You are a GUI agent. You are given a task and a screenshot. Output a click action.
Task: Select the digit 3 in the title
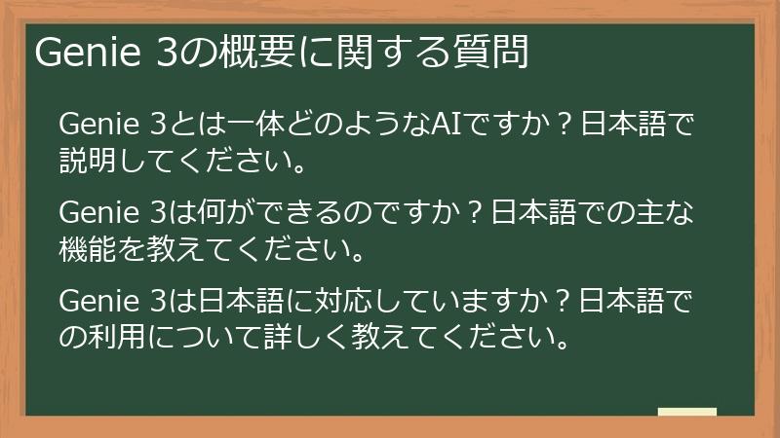(x=167, y=55)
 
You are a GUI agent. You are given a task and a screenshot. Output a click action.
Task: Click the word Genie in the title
(x=88, y=55)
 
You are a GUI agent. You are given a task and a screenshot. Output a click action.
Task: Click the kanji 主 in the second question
(x=647, y=212)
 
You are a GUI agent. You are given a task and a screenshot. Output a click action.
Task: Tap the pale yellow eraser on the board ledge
(x=687, y=412)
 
